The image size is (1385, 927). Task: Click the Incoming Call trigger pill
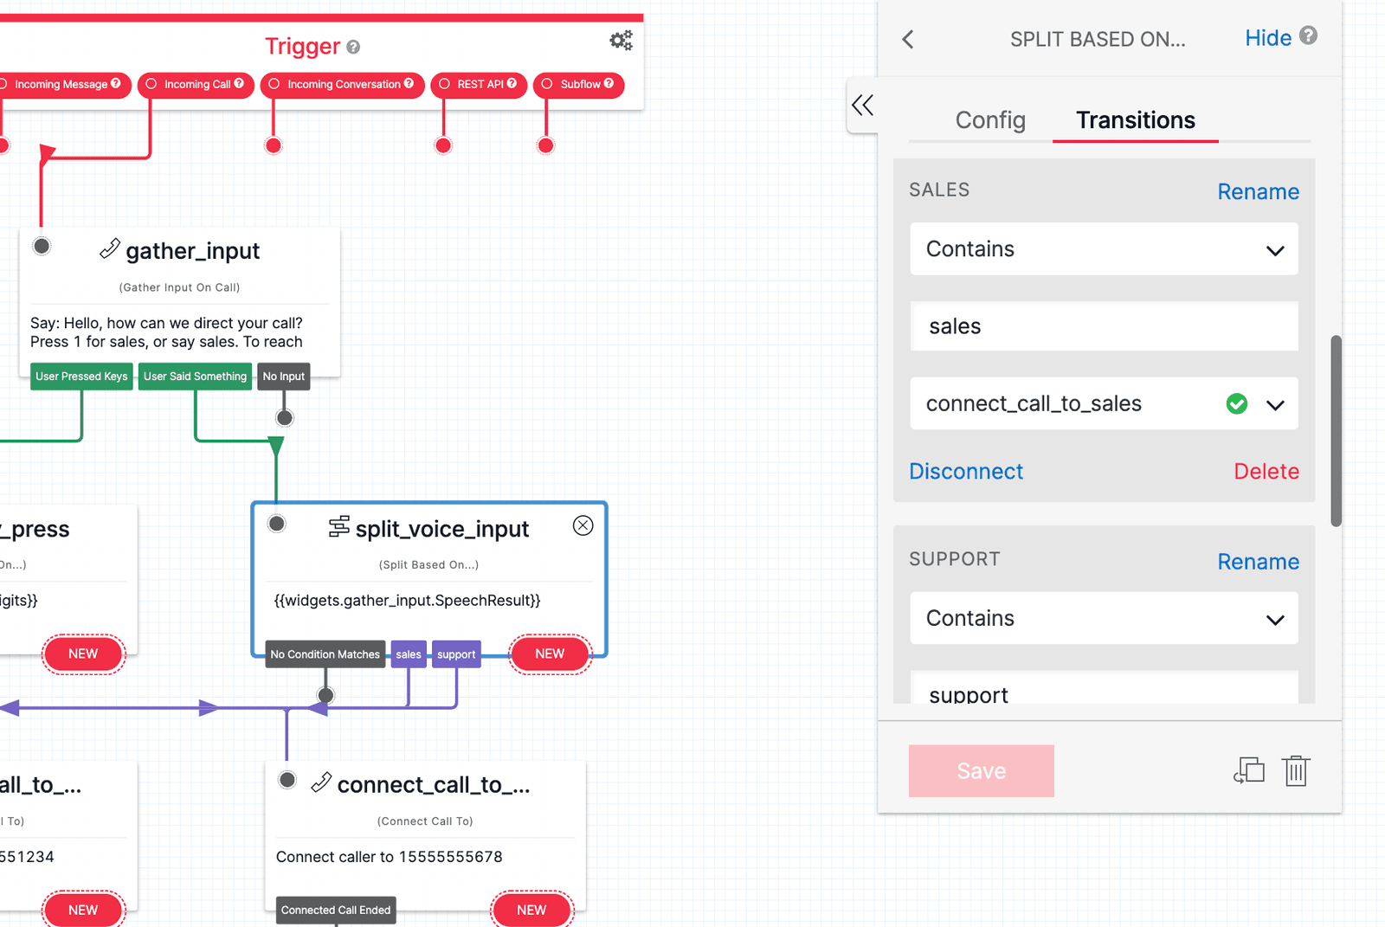pyautogui.click(x=196, y=85)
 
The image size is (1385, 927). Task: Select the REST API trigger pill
pyautogui.click(x=479, y=85)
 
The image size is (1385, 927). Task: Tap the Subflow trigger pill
pyautogui.click(x=579, y=85)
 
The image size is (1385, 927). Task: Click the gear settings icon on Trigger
pyautogui.click(x=621, y=41)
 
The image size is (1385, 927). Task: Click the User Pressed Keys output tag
pyautogui.click(x=81, y=377)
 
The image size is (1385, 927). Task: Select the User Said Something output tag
pyautogui.click(x=195, y=377)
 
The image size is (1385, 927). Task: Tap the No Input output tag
pyautogui.click(x=283, y=377)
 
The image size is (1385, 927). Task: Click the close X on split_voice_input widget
pyautogui.click(x=583, y=525)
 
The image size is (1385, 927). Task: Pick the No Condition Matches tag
pyautogui.click(x=325, y=654)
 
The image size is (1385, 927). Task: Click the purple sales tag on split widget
pyautogui.click(x=409, y=654)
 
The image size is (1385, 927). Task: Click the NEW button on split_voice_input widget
pyautogui.click(x=550, y=654)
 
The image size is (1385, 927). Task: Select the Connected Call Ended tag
pyautogui.click(x=336, y=910)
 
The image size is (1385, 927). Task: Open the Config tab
pyautogui.click(x=990, y=120)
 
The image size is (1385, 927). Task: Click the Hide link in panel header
pyautogui.click(x=1268, y=38)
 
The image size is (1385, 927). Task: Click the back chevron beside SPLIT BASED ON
pyautogui.click(x=908, y=40)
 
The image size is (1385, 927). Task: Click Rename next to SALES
pyautogui.click(x=1258, y=191)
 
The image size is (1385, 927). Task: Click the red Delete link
pyautogui.click(x=1266, y=471)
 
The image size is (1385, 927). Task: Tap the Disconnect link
pyautogui.click(x=966, y=471)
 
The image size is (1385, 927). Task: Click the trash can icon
pyautogui.click(x=1296, y=770)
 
